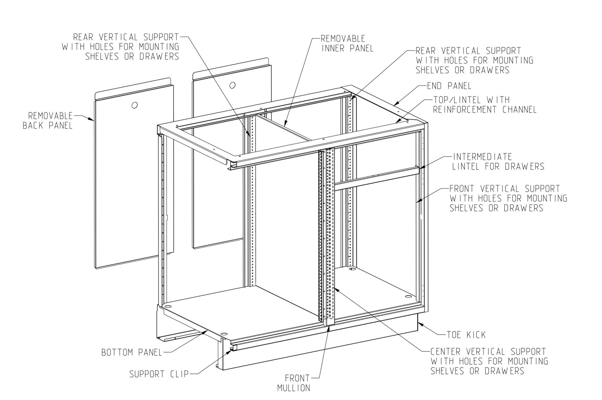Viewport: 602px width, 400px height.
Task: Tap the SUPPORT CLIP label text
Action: tap(159, 374)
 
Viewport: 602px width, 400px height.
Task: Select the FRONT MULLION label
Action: tap(294, 383)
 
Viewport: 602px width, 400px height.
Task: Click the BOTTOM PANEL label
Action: tap(132, 352)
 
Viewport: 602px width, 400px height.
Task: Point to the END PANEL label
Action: tap(449, 86)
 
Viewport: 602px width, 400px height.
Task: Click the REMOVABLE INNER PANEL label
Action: tap(347, 43)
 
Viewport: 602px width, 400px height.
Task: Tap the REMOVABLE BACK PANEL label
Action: tap(48, 120)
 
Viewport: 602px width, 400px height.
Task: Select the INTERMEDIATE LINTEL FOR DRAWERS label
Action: tap(498, 161)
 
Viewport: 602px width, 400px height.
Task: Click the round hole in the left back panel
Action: tap(135, 105)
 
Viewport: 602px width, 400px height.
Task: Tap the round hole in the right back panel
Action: tap(232, 85)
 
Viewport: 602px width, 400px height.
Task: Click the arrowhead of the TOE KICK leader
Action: tap(419, 324)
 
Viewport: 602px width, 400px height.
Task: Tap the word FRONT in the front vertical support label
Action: tap(464, 188)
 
